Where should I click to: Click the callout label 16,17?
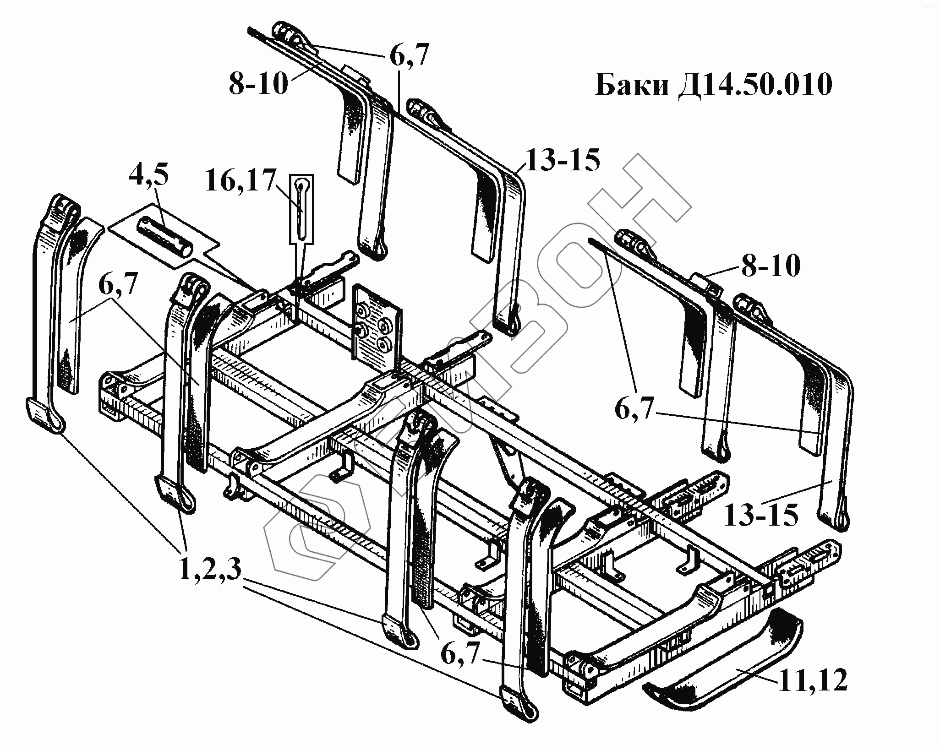(241, 181)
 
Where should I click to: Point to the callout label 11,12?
(811, 693)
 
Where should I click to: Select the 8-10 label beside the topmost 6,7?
(259, 85)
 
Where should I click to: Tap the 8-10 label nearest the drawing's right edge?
(771, 266)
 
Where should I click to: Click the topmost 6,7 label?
(409, 56)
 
